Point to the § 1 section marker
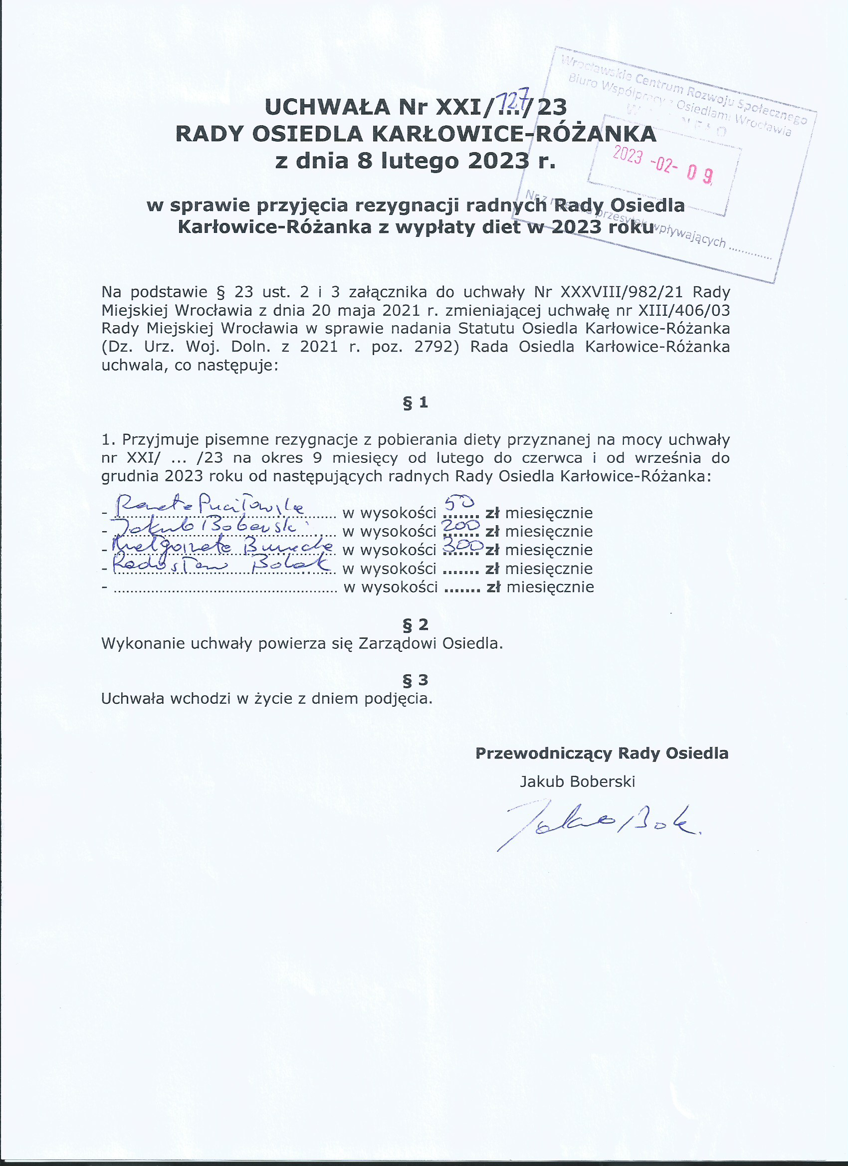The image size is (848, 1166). click(x=416, y=402)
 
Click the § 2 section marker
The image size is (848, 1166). click(x=416, y=624)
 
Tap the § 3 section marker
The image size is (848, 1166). click(x=416, y=680)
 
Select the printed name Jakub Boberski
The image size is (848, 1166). click(x=578, y=782)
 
